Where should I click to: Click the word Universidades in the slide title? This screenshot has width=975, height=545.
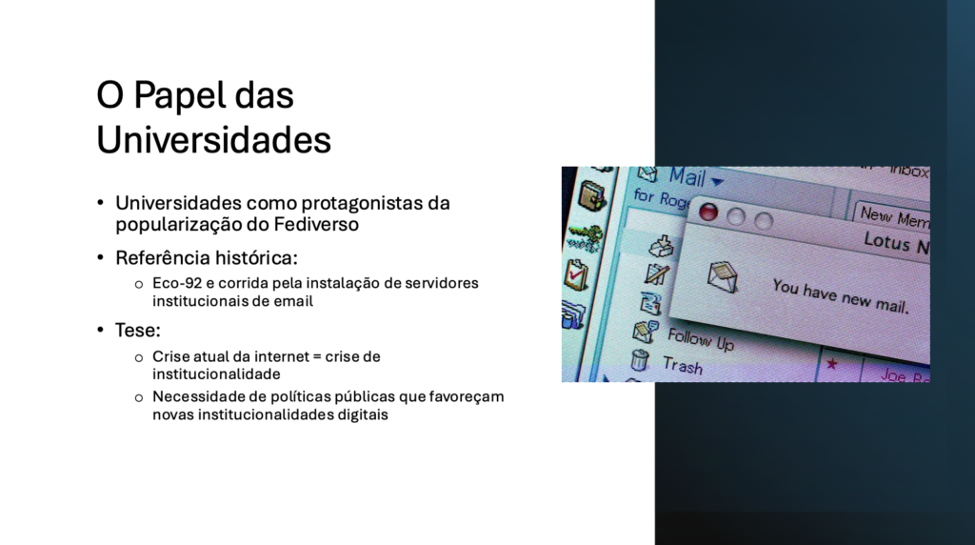[213, 139]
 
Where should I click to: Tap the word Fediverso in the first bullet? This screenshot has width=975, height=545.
[316, 224]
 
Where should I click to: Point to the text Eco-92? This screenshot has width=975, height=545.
[177, 283]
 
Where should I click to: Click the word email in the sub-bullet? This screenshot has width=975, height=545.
[295, 301]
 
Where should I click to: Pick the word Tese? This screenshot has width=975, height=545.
[137, 331]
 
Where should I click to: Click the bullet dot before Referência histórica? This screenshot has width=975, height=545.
[100, 257]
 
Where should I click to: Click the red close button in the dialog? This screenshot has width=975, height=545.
[708, 212]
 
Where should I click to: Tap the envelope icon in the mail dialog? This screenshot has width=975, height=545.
[723, 277]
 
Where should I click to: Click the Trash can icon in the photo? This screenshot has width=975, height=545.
[639, 360]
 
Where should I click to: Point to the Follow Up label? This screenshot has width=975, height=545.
[701, 340]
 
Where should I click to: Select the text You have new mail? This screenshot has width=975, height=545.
[841, 295]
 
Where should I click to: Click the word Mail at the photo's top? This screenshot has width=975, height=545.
[687, 177]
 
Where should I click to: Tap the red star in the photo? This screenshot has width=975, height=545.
[832, 364]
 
